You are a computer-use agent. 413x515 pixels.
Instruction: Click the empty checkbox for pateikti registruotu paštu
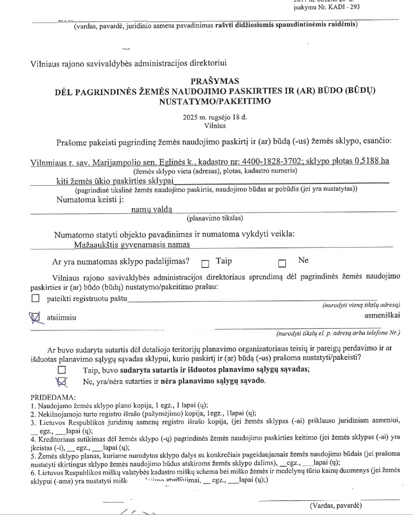(x=36, y=298)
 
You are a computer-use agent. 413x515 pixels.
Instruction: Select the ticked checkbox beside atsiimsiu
(x=35, y=318)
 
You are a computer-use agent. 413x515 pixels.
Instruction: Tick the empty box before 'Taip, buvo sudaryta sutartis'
(x=77, y=370)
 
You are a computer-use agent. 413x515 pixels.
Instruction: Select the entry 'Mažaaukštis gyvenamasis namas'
(x=132, y=244)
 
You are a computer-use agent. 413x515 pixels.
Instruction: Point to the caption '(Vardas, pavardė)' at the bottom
(x=335, y=505)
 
